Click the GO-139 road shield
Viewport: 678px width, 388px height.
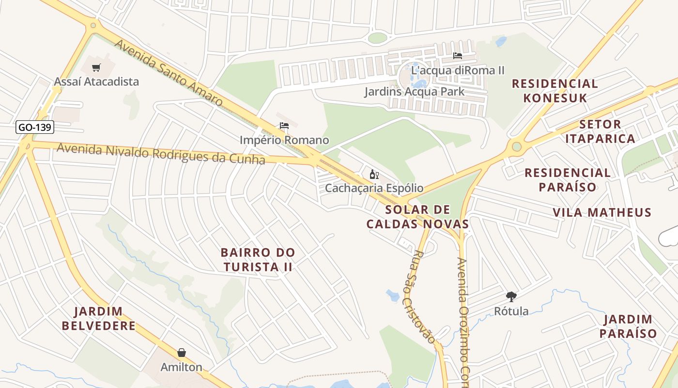35,128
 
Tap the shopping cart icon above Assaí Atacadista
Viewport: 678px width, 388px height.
96,67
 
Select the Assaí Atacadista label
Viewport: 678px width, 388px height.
96,81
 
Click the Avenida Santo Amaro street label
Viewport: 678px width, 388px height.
169,73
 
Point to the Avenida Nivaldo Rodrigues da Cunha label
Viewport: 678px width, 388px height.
161,154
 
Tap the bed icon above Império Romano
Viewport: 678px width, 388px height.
284,126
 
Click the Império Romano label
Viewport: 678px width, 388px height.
284,140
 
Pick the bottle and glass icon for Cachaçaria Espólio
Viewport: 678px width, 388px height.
374,175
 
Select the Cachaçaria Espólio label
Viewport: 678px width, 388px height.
374,188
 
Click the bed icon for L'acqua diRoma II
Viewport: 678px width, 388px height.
457,56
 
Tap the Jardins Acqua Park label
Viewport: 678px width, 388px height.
414,91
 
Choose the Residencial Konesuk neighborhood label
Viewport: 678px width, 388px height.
555,91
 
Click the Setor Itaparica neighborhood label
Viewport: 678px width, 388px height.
607,131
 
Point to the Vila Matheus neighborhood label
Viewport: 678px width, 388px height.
602,212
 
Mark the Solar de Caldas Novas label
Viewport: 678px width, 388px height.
417,217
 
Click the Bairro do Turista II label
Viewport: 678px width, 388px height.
258,259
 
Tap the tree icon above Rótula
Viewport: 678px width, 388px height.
511,296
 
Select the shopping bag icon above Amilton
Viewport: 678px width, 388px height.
182,353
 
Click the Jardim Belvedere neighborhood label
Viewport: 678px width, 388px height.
99,318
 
